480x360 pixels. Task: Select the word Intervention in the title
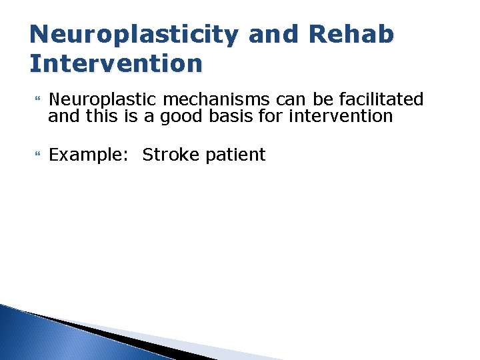coord(116,64)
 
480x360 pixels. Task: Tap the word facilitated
coord(381,100)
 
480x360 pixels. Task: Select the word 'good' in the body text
coord(179,116)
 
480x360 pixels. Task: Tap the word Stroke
coord(171,155)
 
